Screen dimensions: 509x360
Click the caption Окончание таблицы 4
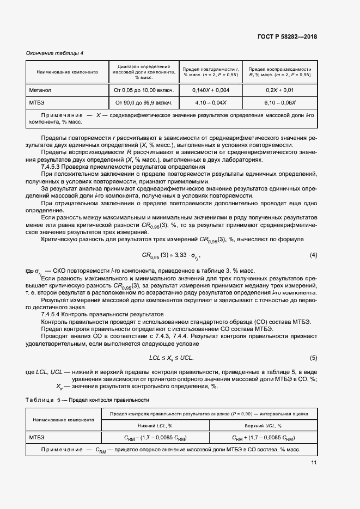(x=55, y=53)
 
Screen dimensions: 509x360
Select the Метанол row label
(x=40, y=90)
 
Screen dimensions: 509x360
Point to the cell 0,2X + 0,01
(x=279, y=90)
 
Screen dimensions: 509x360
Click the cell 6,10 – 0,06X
(x=279, y=102)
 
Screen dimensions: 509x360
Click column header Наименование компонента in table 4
(x=67, y=71)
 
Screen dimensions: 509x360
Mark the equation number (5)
(x=313, y=358)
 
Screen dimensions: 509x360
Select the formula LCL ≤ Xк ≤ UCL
(x=172, y=358)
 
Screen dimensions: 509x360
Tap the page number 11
(x=314, y=463)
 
